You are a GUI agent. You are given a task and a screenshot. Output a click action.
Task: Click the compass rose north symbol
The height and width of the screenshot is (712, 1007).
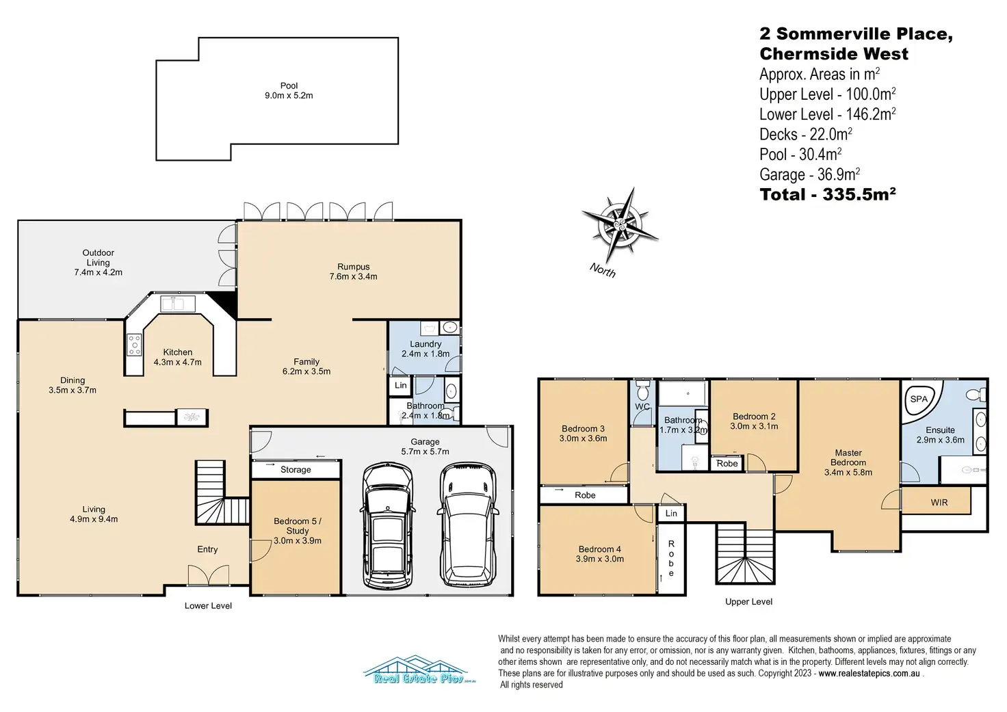tap(620, 225)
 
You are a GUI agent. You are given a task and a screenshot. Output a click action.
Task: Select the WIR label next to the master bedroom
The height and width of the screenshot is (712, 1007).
tap(939, 503)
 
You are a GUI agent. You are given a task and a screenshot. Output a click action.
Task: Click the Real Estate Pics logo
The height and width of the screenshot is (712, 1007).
tap(419, 670)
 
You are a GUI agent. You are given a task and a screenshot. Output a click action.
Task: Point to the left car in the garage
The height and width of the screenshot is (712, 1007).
tap(387, 526)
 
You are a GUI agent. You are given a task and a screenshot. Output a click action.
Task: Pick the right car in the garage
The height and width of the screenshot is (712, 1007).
tap(468, 526)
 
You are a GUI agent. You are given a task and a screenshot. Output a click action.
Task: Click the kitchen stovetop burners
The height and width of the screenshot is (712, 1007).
tap(134, 345)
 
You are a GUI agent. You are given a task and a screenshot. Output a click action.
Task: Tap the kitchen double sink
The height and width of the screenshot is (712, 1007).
tap(178, 304)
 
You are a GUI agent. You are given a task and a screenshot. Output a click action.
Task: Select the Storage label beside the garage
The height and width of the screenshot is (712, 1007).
tap(296, 470)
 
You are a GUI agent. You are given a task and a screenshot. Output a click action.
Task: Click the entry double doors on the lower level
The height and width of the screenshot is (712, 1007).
tap(208, 575)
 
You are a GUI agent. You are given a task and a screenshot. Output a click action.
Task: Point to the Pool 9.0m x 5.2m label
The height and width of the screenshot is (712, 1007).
tap(289, 90)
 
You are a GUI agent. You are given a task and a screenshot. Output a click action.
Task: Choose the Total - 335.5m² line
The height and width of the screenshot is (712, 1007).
tap(827, 194)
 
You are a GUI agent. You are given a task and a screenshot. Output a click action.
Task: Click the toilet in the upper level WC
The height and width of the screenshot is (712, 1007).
tap(643, 390)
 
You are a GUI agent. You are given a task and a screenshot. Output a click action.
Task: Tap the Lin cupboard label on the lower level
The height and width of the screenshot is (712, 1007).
tap(401, 385)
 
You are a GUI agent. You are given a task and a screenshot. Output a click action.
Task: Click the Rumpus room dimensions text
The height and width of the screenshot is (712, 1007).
tap(354, 276)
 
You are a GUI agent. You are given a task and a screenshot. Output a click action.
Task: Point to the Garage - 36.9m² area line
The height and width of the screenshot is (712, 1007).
tap(810, 174)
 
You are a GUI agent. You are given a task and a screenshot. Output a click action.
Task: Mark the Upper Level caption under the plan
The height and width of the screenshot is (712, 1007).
tap(748, 601)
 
